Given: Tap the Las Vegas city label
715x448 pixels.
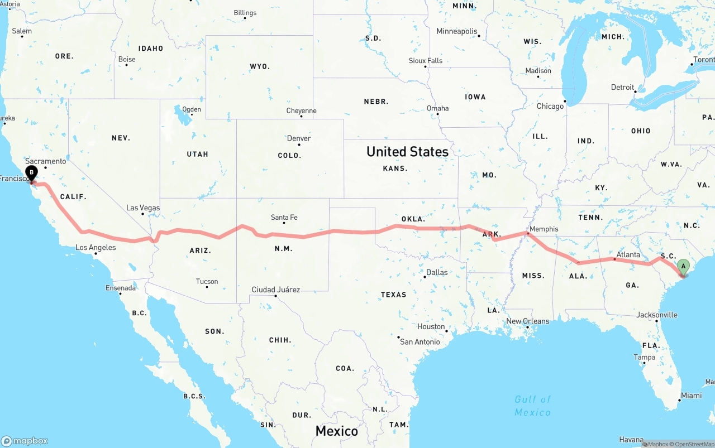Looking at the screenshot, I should (143, 208).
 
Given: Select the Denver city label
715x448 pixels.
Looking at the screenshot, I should (299, 138).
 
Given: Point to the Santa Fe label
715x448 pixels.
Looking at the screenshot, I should (284, 218).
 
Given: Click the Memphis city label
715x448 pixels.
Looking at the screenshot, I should (544, 229).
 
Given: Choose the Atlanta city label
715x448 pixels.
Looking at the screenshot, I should (628, 255).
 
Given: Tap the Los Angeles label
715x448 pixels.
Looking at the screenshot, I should (96, 248).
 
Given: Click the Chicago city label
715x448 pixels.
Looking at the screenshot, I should (550, 106).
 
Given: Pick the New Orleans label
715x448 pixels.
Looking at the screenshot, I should (528, 321).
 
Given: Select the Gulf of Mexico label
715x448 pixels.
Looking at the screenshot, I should (532, 406).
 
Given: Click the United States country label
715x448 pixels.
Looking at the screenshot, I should (407, 152).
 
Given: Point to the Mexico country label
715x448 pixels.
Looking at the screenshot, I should (336, 431).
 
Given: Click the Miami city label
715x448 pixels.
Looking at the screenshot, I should (691, 396).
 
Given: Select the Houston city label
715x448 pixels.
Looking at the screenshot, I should (431, 327).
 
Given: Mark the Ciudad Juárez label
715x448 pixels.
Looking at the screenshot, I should (276, 290).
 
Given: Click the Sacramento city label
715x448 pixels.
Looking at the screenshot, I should (45, 161).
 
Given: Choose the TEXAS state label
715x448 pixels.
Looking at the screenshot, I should (394, 295).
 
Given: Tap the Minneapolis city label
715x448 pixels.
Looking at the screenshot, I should (457, 31).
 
